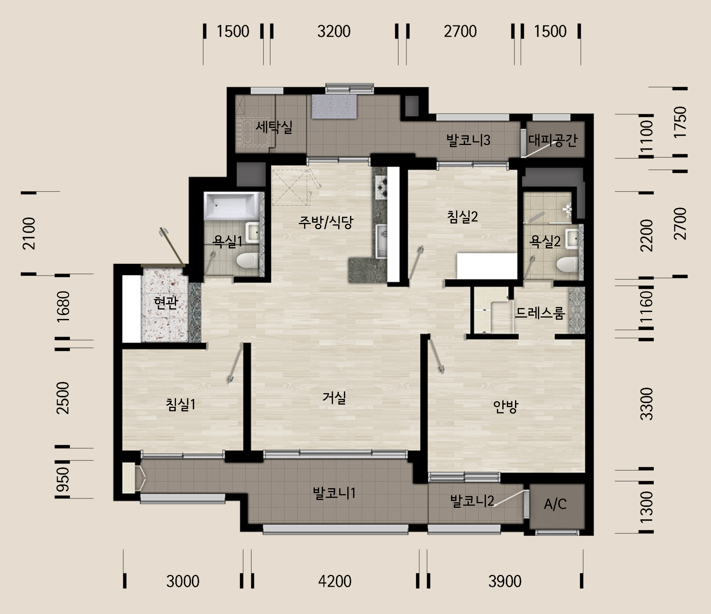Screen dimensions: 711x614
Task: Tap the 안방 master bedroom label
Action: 505,407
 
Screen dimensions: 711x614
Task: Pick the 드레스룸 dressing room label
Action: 540,313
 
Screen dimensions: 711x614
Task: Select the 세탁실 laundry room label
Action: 274,127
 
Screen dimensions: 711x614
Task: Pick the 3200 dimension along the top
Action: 334,31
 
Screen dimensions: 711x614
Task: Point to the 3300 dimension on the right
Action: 647,404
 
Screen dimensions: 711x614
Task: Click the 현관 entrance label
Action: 166,303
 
